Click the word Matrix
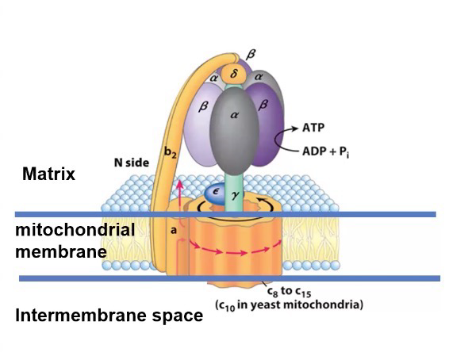click(48, 174)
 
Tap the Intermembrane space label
click(109, 316)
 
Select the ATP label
click(313, 128)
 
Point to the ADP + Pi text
click(325, 151)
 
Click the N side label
click(132, 163)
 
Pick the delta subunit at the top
click(234, 74)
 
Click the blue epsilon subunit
click(215, 193)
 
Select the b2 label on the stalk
click(170, 152)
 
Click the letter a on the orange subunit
click(173, 231)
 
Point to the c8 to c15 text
click(289, 292)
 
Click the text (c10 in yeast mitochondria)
click(289, 305)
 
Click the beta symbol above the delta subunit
click(251, 55)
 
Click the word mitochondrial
click(75, 231)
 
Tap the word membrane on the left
click(61, 251)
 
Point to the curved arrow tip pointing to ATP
click(298, 128)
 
